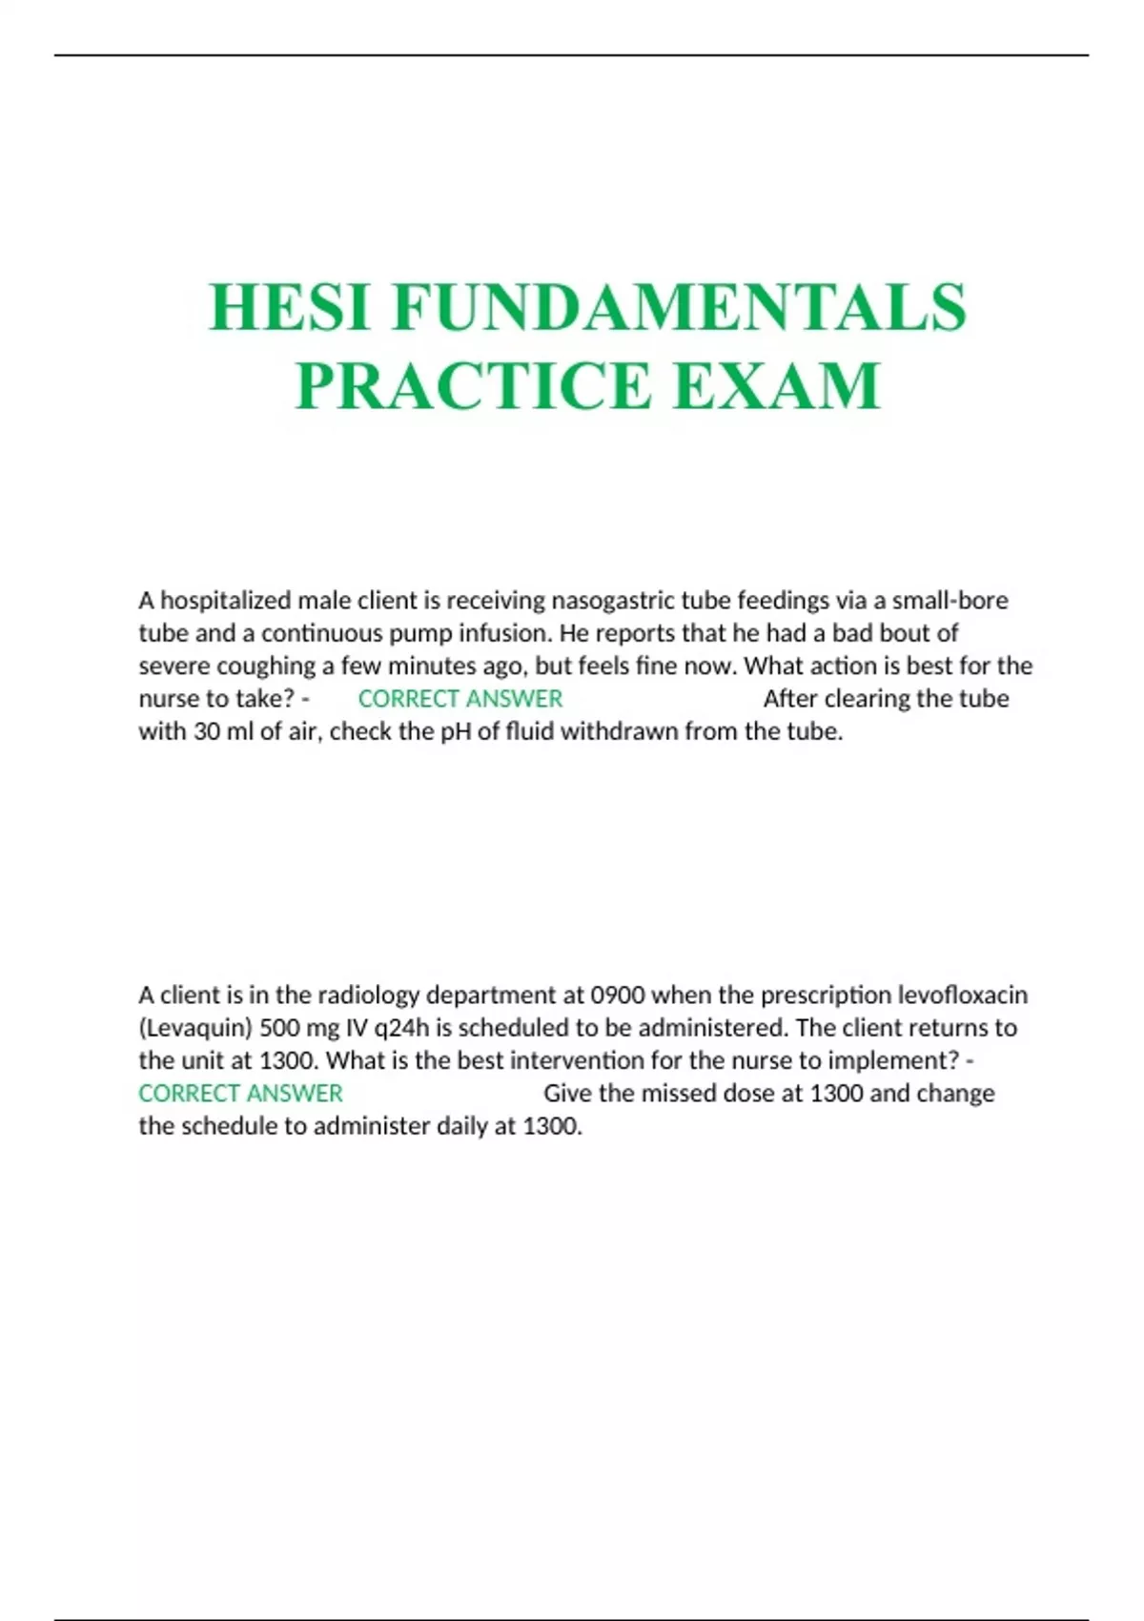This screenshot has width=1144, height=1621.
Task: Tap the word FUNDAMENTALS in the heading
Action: point(679,308)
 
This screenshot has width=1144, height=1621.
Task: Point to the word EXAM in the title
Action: point(777,386)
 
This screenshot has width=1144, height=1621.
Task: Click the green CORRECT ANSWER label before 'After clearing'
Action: point(460,699)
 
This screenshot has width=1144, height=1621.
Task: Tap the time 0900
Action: point(618,995)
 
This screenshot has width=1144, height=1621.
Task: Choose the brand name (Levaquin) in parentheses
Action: point(195,1028)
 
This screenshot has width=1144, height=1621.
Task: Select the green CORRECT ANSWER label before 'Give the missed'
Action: point(240,1094)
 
